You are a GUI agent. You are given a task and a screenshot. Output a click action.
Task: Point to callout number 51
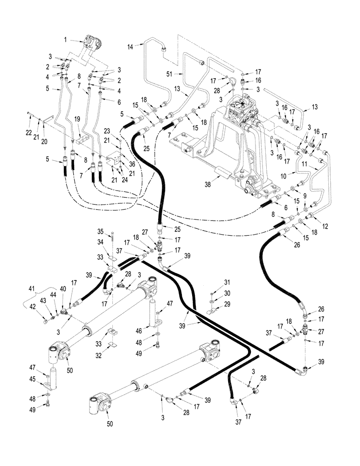pos(169,73)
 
